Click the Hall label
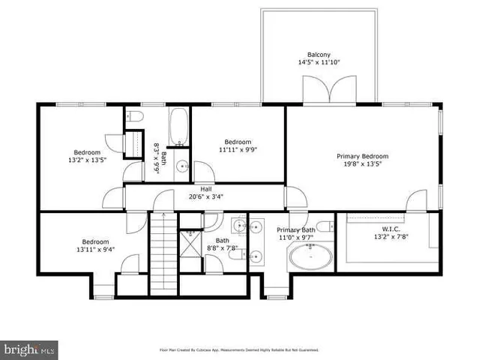(x=205, y=189)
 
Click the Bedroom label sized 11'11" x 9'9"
(x=238, y=142)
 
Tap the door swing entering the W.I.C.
(x=416, y=201)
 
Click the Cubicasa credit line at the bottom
(x=239, y=349)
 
